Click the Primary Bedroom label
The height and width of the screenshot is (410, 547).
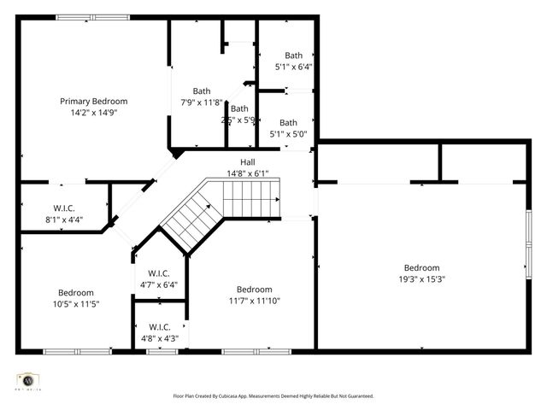(93, 101)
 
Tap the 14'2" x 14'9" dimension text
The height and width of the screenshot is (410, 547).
(93, 112)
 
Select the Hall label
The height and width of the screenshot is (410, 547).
(247, 162)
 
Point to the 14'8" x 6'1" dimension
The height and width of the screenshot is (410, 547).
(247, 173)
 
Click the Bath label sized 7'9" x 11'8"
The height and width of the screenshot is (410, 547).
(201, 91)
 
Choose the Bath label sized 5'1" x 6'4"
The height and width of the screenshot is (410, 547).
(293, 56)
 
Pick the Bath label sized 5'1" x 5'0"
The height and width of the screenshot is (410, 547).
(289, 122)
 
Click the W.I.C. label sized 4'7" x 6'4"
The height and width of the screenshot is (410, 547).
(159, 273)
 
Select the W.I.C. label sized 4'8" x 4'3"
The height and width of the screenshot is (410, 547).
(159, 327)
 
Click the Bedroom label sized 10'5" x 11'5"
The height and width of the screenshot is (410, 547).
(76, 292)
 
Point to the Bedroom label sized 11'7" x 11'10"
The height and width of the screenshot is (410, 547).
(254, 289)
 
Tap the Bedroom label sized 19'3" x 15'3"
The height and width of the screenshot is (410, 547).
(421, 267)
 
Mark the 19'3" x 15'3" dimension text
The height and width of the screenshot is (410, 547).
(421, 278)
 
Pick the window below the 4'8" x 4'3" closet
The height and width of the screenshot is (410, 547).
(162, 351)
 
